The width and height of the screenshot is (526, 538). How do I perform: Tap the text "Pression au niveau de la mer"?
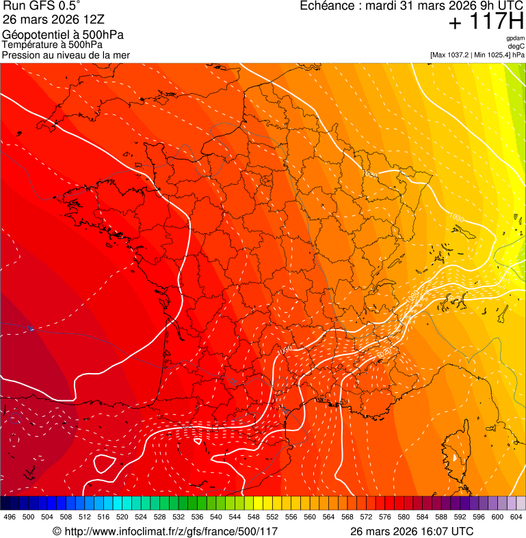[66, 55]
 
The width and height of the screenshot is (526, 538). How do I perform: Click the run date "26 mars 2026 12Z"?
[49, 20]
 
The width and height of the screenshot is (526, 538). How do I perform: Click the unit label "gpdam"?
[515, 39]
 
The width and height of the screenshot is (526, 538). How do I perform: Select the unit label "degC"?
[516, 47]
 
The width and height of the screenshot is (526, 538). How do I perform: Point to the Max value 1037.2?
[458, 55]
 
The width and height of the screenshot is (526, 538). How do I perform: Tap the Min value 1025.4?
[498, 55]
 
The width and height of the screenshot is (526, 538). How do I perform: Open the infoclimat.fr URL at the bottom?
[171, 531]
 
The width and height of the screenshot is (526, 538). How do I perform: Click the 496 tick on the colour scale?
[10, 517]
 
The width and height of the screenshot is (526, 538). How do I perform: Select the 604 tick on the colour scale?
[516, 517]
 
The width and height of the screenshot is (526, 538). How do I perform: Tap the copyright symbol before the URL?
[57, 532]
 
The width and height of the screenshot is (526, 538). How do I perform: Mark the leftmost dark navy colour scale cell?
[5, 503]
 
